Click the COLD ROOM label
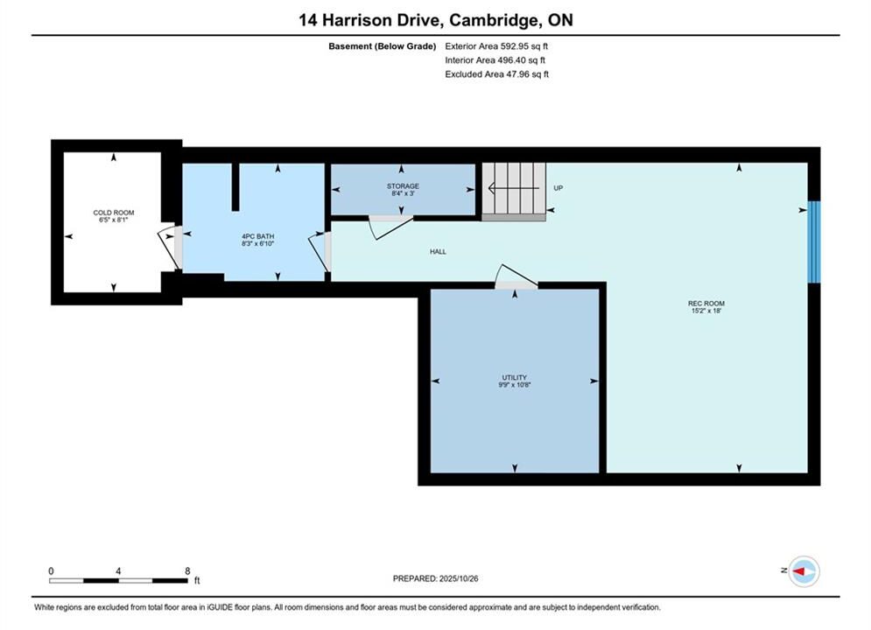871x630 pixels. pyautogui.click(x=113, y=213)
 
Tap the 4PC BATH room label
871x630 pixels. pyautogui.click(x=257, y=236)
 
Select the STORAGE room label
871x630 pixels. pyautogui.click(x=403, y=186)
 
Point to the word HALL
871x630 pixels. pyautogui.click(x=438, y=251)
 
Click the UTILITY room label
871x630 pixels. pyautogui.click(x=515, y=377)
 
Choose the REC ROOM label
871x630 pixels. pyautogui.click(x=706, y=304)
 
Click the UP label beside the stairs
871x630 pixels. pyautogui.click(x=558, y=188)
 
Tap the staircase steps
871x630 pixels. pyautogui.click(x=513, y=189)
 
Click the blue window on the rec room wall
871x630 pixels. pyautogui.click(x=814, y=241)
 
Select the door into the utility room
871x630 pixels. pyautogui.click(x=516, y=276)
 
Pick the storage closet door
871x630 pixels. pyautogui.click(x=391, y=227)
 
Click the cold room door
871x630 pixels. pyautogui.click(x=169, y=248)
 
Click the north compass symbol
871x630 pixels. pyautogui.click(x=804, y=571)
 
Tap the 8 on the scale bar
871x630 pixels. pyautogui.click(x=187, y=570)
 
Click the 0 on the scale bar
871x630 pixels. pyautogui.click(x=51, y=570)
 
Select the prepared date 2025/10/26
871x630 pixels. pyautogui.click(x=459, y=578)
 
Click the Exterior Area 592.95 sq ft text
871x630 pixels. pyautogui.click(x=496, y=46)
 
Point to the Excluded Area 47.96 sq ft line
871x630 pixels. pyautogui.click(x=496, y=73)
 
